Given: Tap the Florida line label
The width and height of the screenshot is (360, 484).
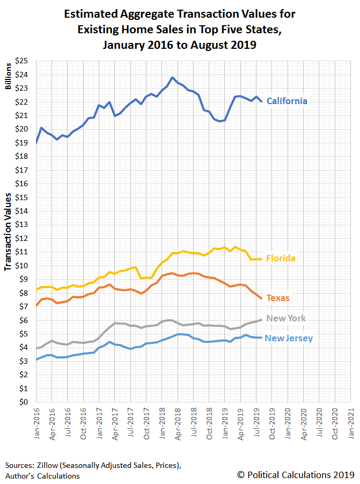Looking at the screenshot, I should coord(281,258).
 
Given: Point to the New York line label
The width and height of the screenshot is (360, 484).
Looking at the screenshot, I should coord(285,318).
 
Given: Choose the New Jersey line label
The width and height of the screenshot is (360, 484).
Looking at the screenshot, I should coord(290,338).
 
